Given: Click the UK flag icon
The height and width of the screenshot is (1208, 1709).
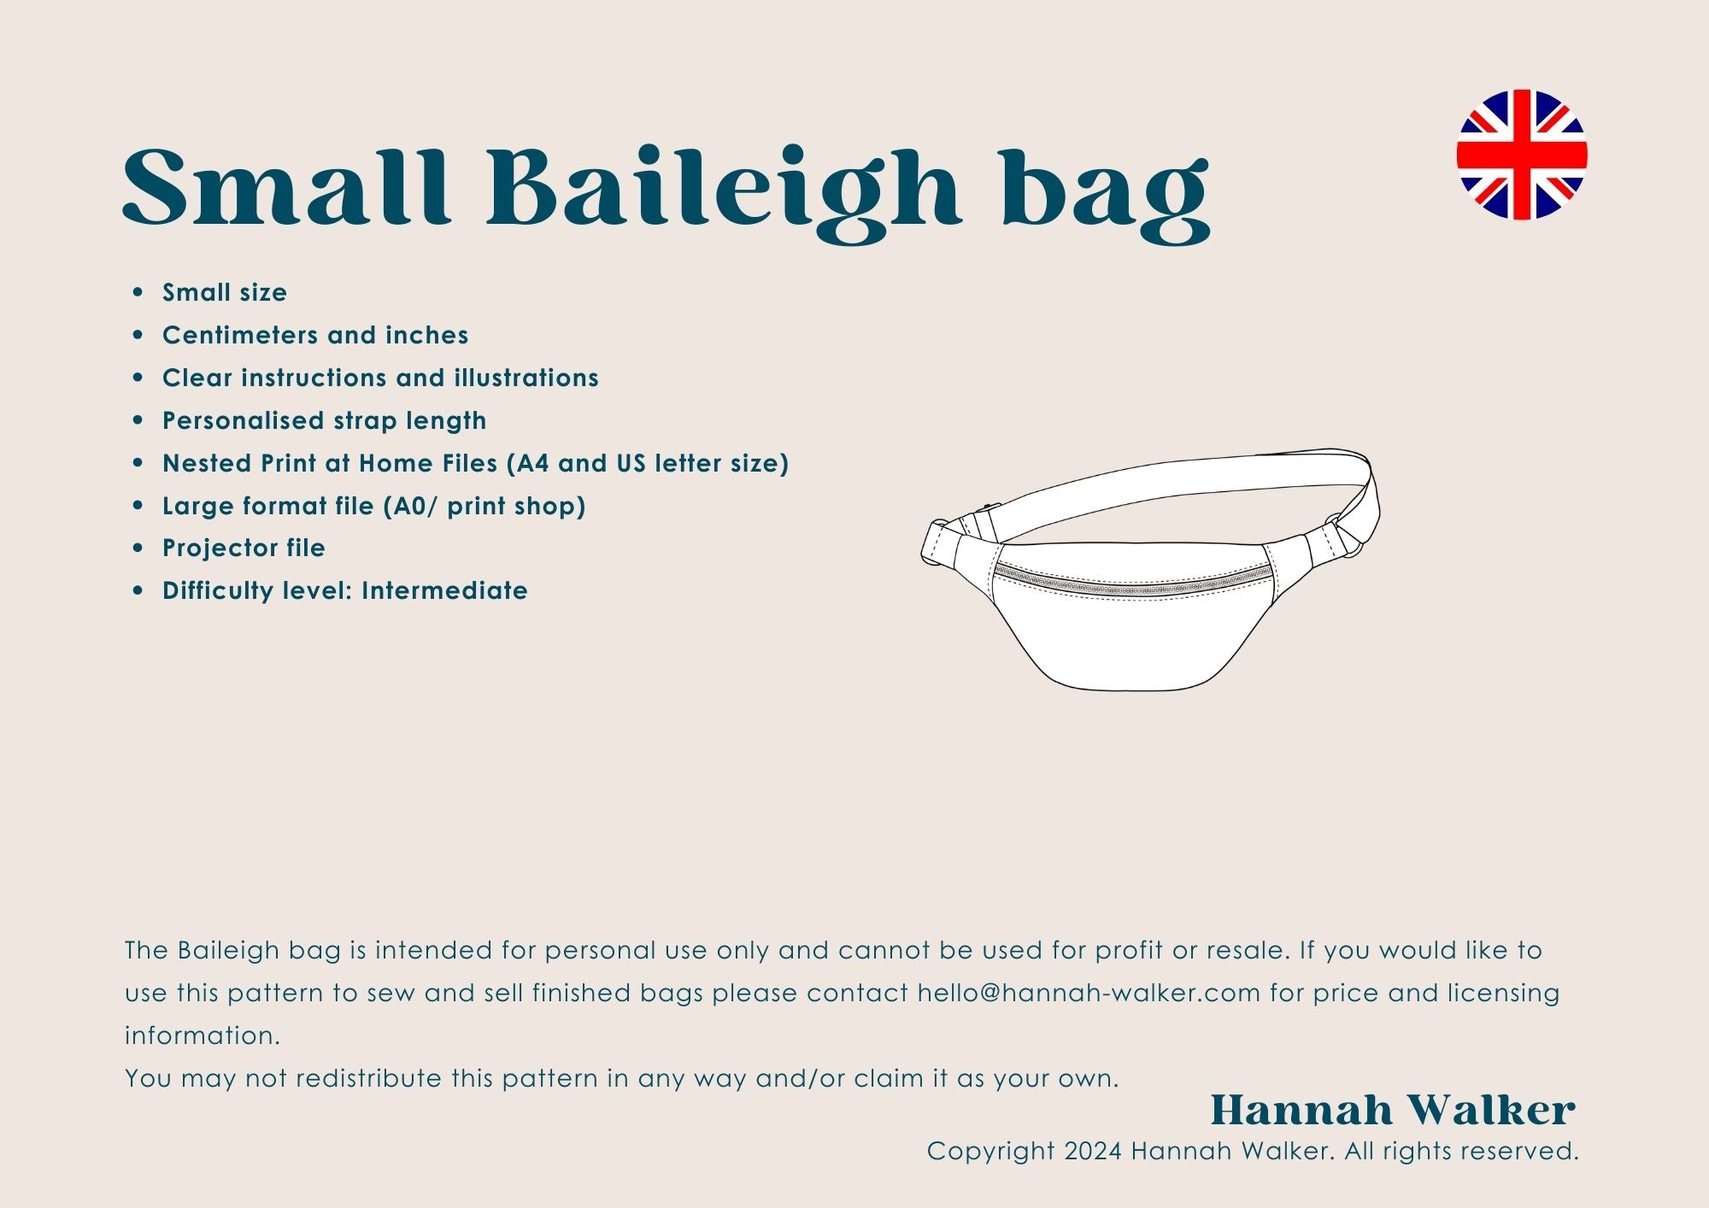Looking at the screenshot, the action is coord(1522,155).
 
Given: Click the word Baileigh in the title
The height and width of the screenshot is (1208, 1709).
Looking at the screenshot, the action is coord(724,193).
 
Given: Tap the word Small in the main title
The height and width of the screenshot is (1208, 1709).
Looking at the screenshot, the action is coord(286,187).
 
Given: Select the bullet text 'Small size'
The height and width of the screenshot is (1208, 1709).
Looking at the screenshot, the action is coord(225,292).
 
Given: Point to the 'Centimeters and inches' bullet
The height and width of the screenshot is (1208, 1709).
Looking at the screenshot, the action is coord(315,335).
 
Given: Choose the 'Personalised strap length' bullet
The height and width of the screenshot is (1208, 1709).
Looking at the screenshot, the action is coord(325,421).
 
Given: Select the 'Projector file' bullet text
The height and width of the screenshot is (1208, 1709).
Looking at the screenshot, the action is coord(244,548).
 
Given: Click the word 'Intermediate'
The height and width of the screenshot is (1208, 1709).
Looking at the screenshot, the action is coord(444,590).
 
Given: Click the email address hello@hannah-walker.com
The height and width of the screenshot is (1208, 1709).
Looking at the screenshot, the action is coord(1089,993).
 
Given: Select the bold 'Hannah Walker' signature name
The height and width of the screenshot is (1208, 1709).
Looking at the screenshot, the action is coord(1393,1111).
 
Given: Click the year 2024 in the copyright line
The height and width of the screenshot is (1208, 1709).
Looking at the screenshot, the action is coord(1093,1152).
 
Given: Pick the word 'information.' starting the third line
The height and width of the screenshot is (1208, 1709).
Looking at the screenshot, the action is coord(203,1035).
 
